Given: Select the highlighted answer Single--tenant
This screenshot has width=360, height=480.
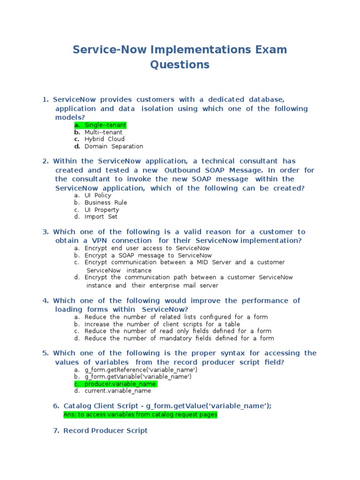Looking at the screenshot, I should tap(105, 125).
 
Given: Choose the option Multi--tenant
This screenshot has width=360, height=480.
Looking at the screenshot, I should tap(103, 132).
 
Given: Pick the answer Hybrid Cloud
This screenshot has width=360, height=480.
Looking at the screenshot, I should tap(105, 139).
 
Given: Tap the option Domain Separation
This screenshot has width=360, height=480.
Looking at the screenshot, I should tap(113, 146).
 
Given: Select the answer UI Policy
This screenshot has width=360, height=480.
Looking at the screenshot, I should tap(97, 195).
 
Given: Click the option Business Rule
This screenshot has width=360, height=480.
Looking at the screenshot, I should tap(105, 202).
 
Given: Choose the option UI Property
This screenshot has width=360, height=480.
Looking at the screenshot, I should tap(102, 210).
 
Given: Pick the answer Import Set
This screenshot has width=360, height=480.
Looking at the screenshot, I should tap(101, 217).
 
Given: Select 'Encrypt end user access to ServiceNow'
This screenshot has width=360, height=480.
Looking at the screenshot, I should tap(147, 248).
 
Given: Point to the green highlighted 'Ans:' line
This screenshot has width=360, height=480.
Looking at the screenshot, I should tap(140, 415).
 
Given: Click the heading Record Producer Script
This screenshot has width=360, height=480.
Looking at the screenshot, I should tap(105, 430).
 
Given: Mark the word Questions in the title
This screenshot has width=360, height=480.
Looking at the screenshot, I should tap(180, 65).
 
